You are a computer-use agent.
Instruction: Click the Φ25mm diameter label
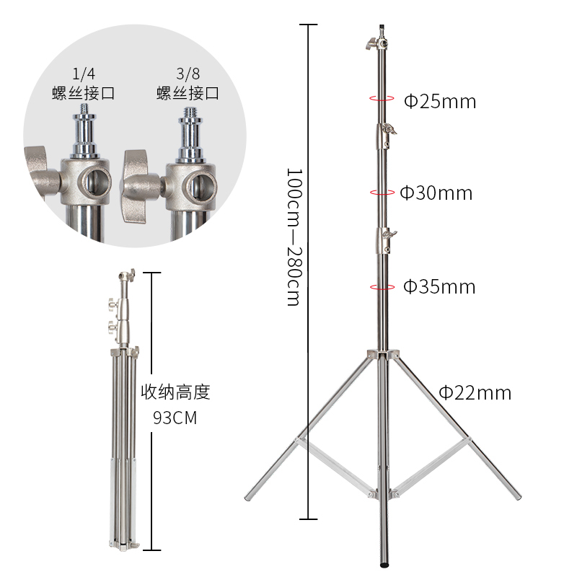[x=440, y=101]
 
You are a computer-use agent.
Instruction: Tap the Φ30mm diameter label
[x=436, y=193]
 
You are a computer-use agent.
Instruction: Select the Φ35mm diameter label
[x=439, y=286]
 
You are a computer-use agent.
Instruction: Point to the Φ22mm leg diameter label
[x=475, y=392]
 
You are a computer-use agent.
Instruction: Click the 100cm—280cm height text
[x=294, y=237]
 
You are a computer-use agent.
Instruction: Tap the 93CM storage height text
[x=175, y=418]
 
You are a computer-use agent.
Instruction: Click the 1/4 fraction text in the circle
[x=84, y=74]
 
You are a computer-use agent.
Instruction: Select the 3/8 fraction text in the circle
[x=188, y=74]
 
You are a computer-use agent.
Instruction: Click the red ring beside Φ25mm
[x=382, y=98]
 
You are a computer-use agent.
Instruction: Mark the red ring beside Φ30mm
[x=382, y=192]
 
